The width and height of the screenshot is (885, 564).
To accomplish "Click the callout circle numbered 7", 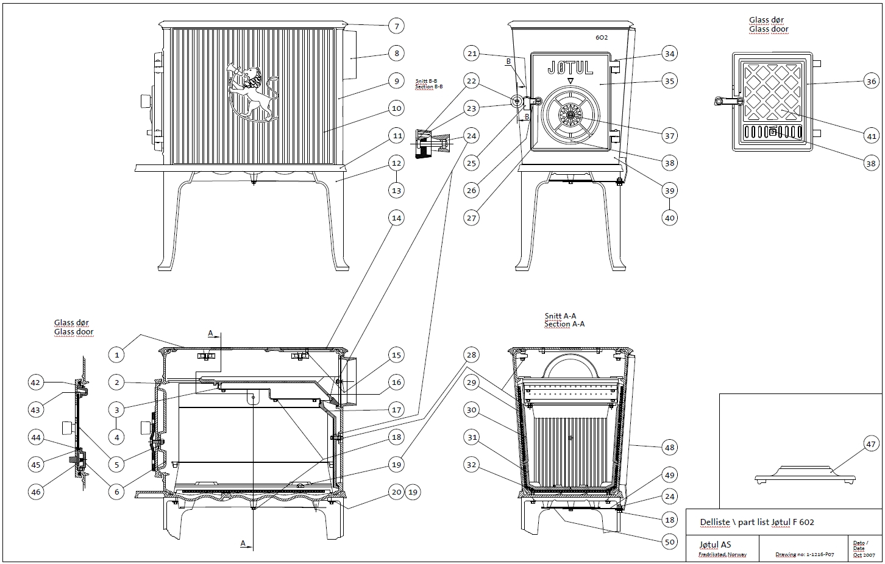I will [x=396, y=26].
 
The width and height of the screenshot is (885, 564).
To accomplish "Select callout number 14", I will [x=396, y=217].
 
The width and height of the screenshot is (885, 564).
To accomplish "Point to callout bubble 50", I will [x=669, y=541].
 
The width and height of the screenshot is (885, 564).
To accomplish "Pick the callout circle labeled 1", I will [x=116, y=354].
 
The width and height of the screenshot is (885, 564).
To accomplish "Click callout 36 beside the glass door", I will [x=870, y=82].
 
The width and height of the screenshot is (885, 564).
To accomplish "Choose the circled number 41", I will [x=870, y=136].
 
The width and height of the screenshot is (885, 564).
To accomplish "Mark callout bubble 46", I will [x=37, y=492].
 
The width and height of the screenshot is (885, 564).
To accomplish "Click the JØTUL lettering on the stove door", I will [x=570, y=68].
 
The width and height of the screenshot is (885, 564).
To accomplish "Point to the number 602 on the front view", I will [x=602, y=37].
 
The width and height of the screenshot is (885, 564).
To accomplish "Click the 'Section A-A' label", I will [x=560, y=325].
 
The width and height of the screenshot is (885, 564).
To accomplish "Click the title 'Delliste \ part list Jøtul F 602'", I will [x=757, y=522].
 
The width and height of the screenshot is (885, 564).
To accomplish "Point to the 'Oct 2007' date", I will [x=863, y=555].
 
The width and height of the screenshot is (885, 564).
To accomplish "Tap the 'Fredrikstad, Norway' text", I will [x=722, y=555].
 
